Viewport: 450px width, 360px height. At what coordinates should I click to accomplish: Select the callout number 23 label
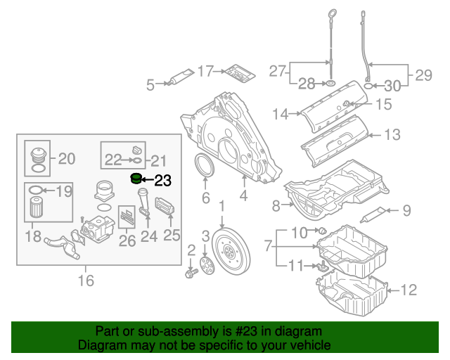point(162,181)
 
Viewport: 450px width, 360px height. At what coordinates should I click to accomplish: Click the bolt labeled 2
point(191,271)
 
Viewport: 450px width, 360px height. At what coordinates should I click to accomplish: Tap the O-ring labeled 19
point(38,190)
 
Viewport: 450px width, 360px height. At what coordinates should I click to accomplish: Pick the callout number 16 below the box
point(85,281)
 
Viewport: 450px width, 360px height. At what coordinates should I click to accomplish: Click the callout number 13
point(392,134)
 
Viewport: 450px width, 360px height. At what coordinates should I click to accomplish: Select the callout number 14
point(281,113)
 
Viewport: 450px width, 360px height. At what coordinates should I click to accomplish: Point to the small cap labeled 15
point(347,105)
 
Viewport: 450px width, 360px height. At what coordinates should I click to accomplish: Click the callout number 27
point(278,71)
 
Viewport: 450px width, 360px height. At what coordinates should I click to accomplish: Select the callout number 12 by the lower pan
point(409,289)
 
